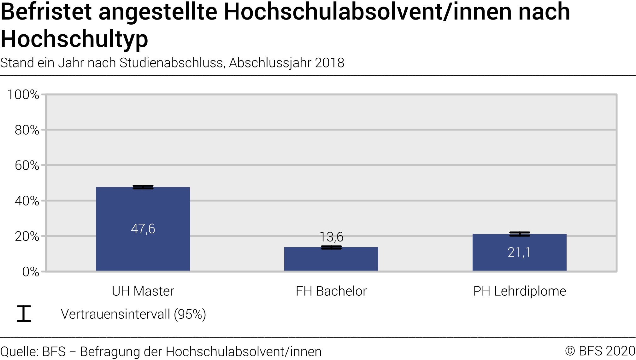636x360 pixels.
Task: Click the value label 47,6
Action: [143, 229]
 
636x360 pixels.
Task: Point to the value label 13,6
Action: [331, 237]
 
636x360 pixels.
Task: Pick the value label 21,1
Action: [519, 252]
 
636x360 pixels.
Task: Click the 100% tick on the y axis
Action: [23, 95]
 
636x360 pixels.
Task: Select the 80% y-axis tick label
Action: [27, 130]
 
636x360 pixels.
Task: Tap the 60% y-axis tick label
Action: [27, 165]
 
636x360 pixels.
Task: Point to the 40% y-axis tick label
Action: [27, 201]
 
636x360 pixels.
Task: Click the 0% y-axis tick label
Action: [31, 272]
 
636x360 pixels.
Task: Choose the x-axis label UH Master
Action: [143, 291]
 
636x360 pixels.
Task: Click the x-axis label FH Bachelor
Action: [331, 291]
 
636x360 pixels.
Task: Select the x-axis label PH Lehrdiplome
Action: [520, 291]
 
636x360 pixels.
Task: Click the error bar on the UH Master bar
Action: [143, 187]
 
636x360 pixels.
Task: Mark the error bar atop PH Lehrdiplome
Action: [520, 234]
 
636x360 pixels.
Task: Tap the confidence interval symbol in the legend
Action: [24, 314]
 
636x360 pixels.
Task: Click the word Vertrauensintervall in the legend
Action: [115, 314]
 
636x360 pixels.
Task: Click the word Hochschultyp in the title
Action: [74, 39]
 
